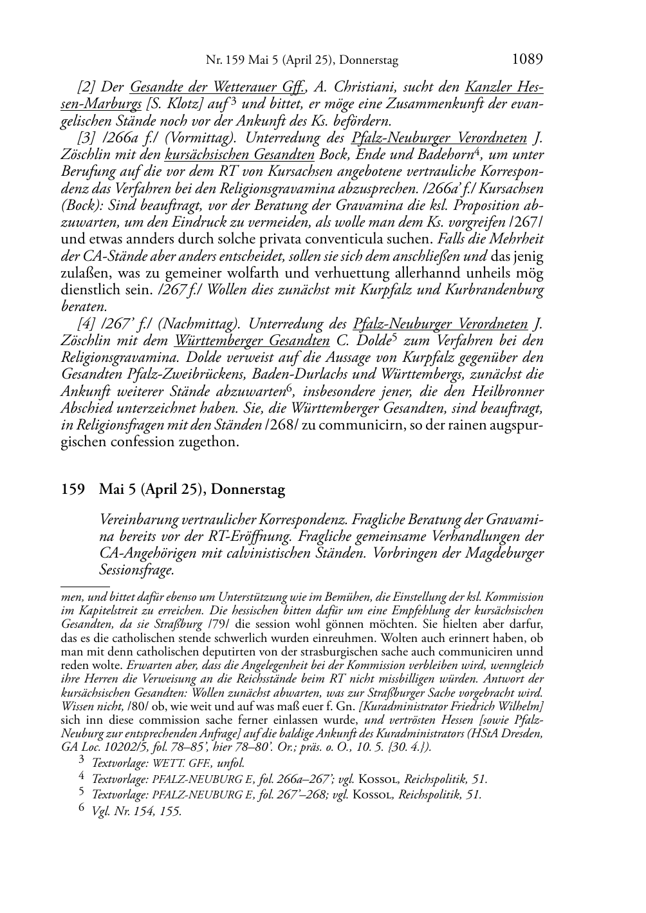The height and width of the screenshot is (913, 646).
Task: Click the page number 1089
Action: click(x=528, y=60)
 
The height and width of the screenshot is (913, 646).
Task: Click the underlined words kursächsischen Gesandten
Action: click(x=239, y=155)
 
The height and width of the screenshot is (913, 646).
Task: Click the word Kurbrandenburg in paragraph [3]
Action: click(x=497, y=290)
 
